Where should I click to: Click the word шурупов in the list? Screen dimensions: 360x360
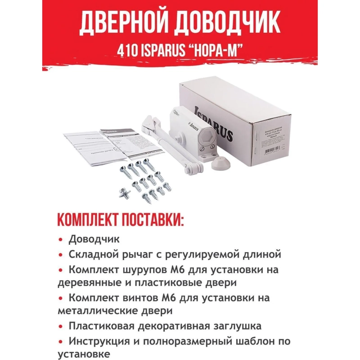[x=143, y=270]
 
